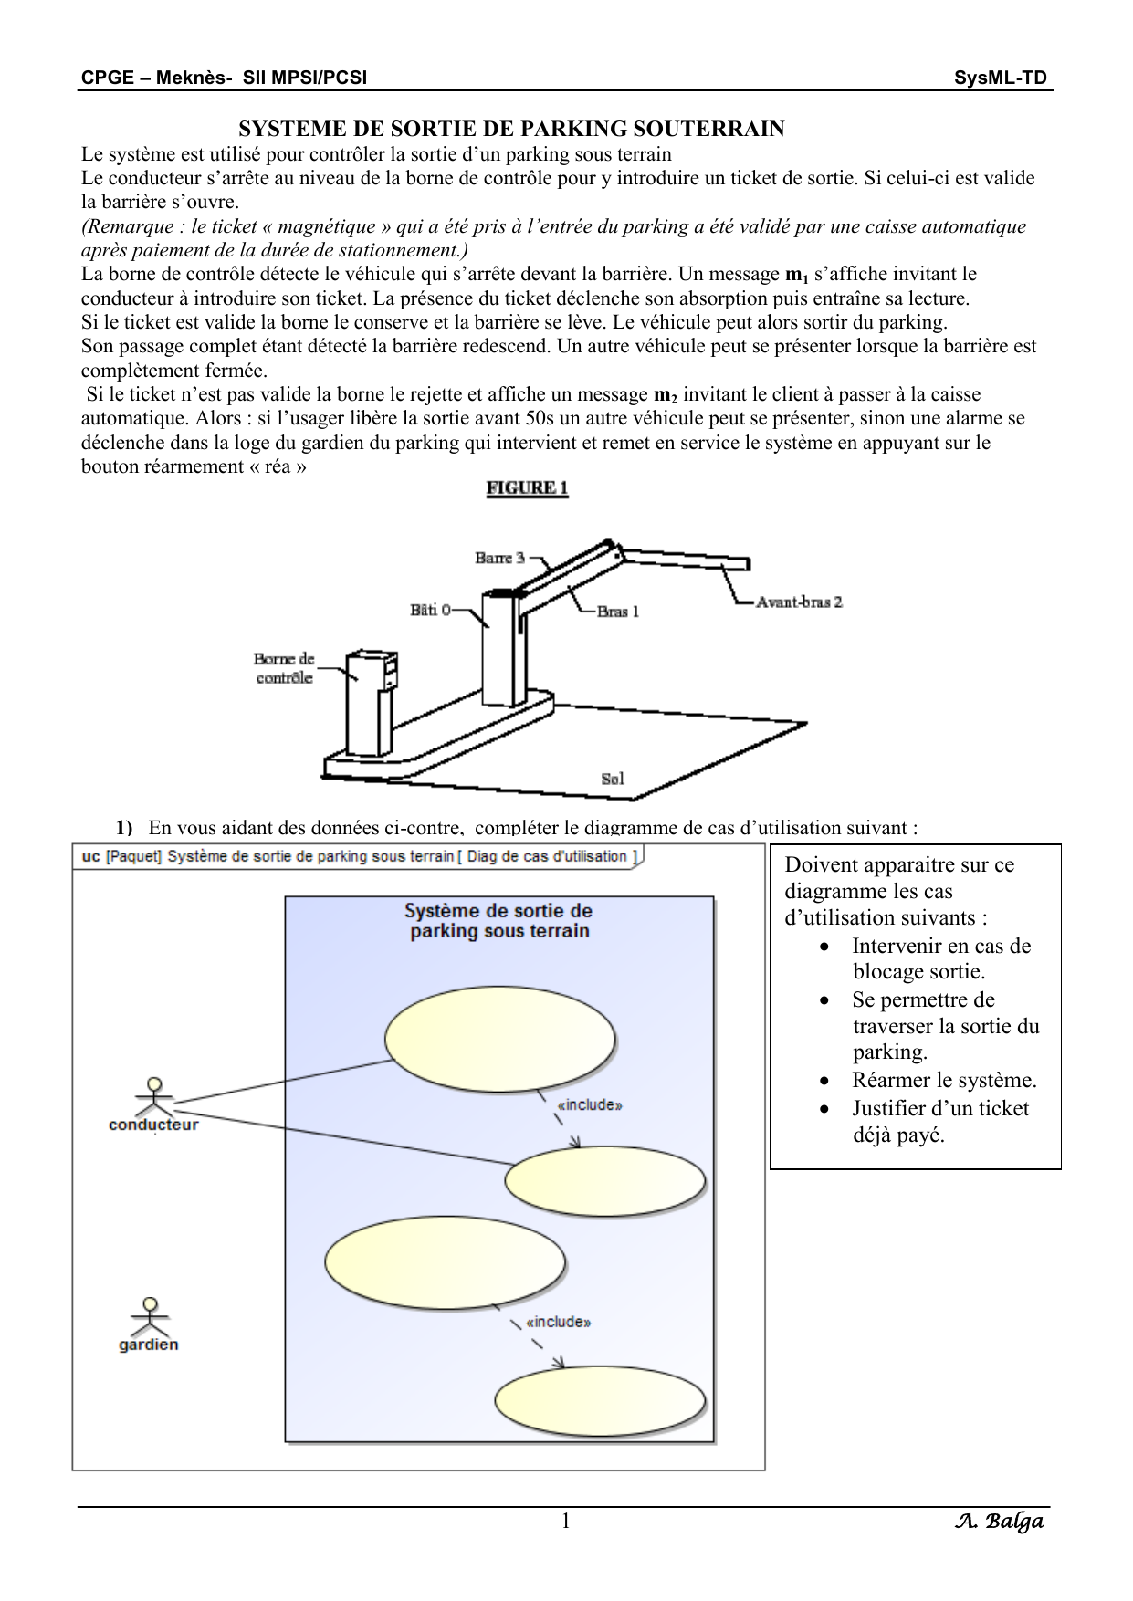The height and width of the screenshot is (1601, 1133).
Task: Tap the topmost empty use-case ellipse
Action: pos(499,1039)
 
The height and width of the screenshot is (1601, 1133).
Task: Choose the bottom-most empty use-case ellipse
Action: pos(600,1402)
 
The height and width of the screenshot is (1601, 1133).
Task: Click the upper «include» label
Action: pos(590,1104)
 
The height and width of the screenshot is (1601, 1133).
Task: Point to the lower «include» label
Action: pos(559,1322)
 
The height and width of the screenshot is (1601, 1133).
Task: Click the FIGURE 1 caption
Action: pos(527,487)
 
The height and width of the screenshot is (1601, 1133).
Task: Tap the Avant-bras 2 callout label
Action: pos(799,602)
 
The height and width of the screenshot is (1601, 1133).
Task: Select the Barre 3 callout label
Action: pos(499,558)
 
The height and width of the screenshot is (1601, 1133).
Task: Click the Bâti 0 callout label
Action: pos(431,609)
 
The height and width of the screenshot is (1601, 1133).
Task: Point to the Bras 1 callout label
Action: pos(618,612)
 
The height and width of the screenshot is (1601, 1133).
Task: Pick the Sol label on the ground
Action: pos(613,779)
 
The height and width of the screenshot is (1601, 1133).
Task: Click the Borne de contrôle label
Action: pos(284,668)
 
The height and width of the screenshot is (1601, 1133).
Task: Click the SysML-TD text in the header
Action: pos(1001,78)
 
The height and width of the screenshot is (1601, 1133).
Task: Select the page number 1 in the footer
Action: pos(566,1520)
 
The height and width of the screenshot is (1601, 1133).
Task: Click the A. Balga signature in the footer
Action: pos(999,1522)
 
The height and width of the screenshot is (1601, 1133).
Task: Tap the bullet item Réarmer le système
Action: pos(944,1081)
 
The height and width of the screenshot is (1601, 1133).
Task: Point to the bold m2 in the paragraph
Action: pos(666,396)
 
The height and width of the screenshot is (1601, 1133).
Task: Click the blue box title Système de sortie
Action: pos(498,921)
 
